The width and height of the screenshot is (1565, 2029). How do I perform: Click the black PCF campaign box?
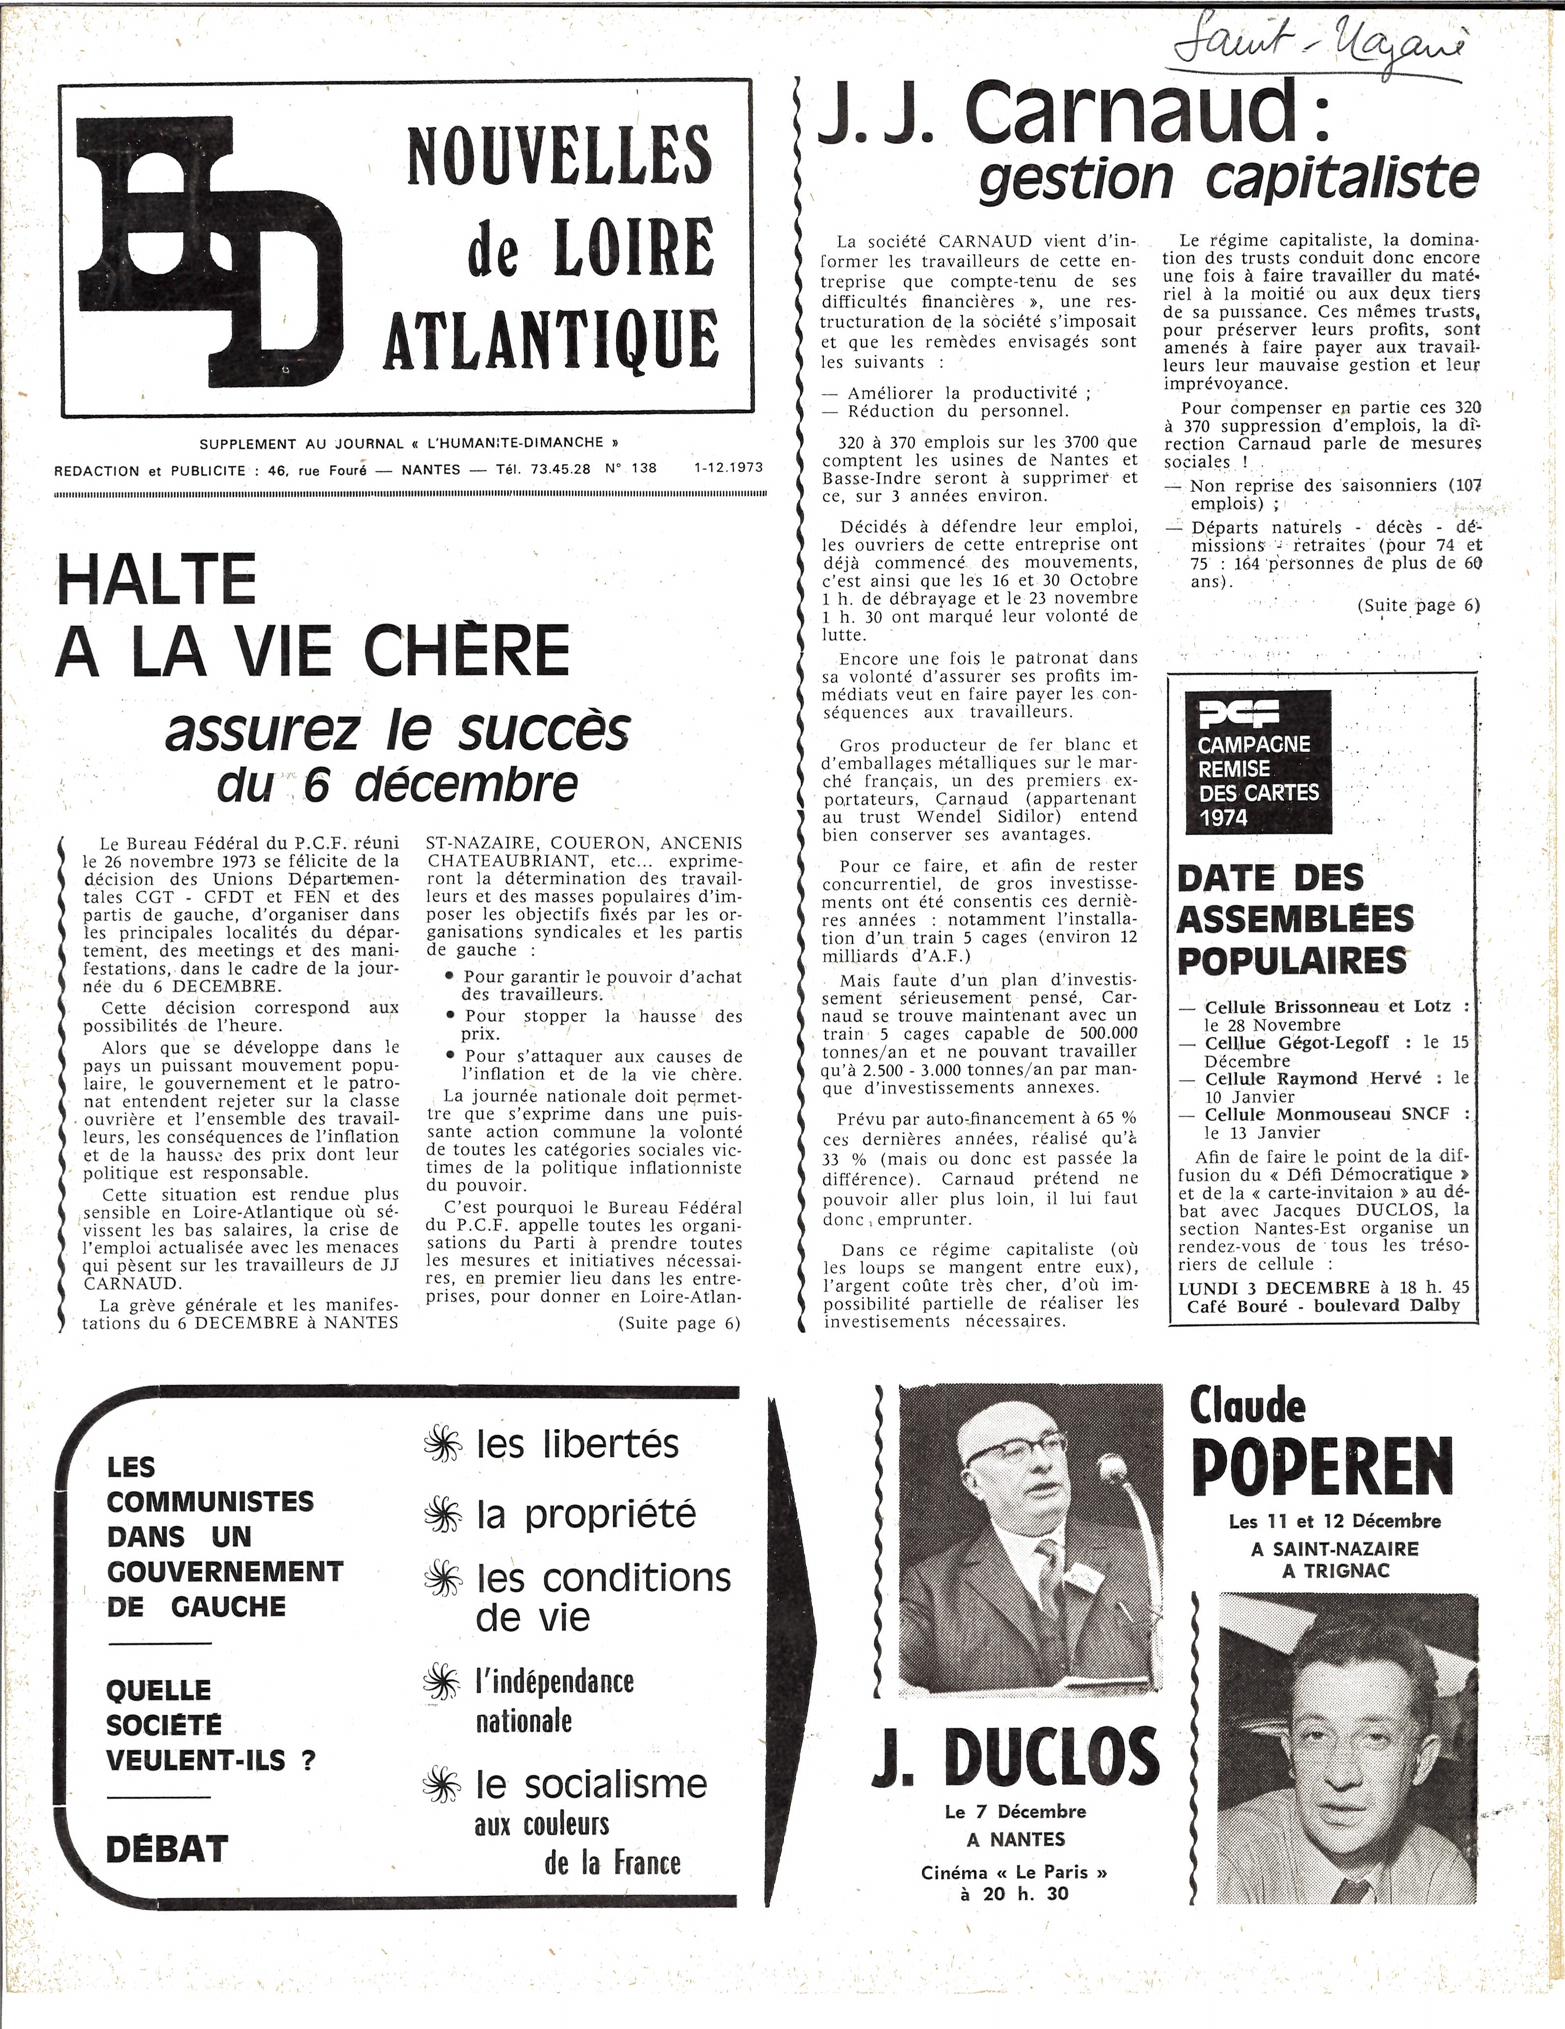(1259, 762)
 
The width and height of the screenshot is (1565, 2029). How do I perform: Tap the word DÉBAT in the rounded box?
(167, 1849)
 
